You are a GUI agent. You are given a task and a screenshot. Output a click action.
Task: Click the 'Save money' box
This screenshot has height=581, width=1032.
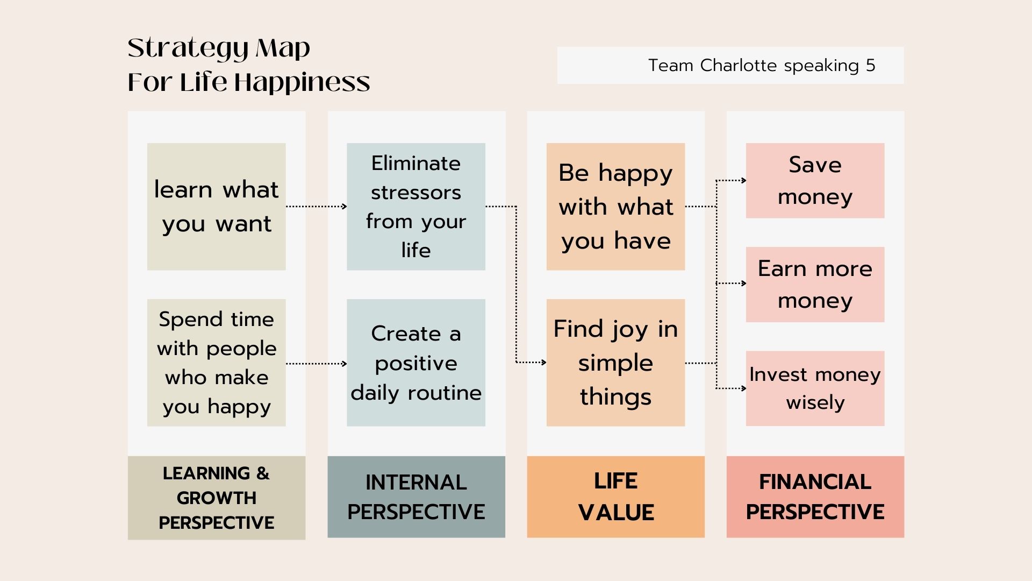tap(815, 180)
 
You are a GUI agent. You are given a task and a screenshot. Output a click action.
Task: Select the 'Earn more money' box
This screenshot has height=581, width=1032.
tap(815, 285)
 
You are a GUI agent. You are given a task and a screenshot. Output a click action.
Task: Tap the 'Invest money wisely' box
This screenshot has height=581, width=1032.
tap(815, 388)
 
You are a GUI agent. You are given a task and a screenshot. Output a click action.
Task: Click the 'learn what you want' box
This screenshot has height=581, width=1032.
tap(216, 207)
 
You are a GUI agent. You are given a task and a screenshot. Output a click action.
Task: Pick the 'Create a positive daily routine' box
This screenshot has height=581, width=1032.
tap(416, 363)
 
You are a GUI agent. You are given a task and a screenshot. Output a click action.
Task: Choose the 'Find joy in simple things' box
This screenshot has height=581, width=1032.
tap(615, 363)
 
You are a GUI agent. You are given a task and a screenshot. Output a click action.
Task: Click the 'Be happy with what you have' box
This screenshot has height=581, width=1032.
tap(615, 207)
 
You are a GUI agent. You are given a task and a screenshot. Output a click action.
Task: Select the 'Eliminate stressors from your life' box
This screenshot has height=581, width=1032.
tap(416, 207)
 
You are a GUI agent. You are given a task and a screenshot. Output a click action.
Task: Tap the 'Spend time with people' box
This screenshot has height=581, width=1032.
tap(216, 363)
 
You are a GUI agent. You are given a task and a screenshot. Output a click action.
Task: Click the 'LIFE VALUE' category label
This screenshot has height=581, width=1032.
tap(615, 497)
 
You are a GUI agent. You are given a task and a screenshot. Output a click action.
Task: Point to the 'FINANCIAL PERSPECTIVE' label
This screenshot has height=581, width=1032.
tap(815, 497)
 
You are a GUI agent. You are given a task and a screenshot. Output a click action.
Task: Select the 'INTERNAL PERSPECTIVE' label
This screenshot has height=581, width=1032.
tap(416, 497)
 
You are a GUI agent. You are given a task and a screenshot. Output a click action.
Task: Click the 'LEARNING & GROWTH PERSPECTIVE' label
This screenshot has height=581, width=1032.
tap(216, 498)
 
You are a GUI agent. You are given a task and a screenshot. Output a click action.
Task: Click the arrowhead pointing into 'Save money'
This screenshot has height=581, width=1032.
tap(744, 181)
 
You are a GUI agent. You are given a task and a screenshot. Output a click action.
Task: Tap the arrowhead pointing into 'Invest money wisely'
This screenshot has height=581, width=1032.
tap(744, 388)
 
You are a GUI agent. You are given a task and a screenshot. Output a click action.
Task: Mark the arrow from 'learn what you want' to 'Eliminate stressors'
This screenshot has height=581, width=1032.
tap(316, 206)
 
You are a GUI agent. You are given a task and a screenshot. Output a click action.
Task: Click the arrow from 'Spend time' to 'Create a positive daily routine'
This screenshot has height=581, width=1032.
tap(316, 364)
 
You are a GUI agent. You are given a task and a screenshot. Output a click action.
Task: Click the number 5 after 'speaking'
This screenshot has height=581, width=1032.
tap(870, 66)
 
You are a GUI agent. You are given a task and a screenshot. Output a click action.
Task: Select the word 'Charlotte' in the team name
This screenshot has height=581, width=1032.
tap(740, 66)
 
